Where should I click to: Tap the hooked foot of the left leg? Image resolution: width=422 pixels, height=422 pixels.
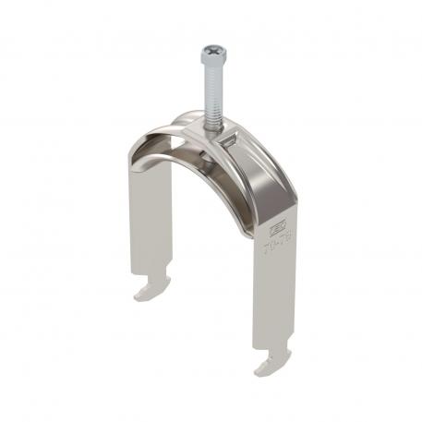[149, 293]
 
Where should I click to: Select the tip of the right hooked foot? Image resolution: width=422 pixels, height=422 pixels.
[256, 372]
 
